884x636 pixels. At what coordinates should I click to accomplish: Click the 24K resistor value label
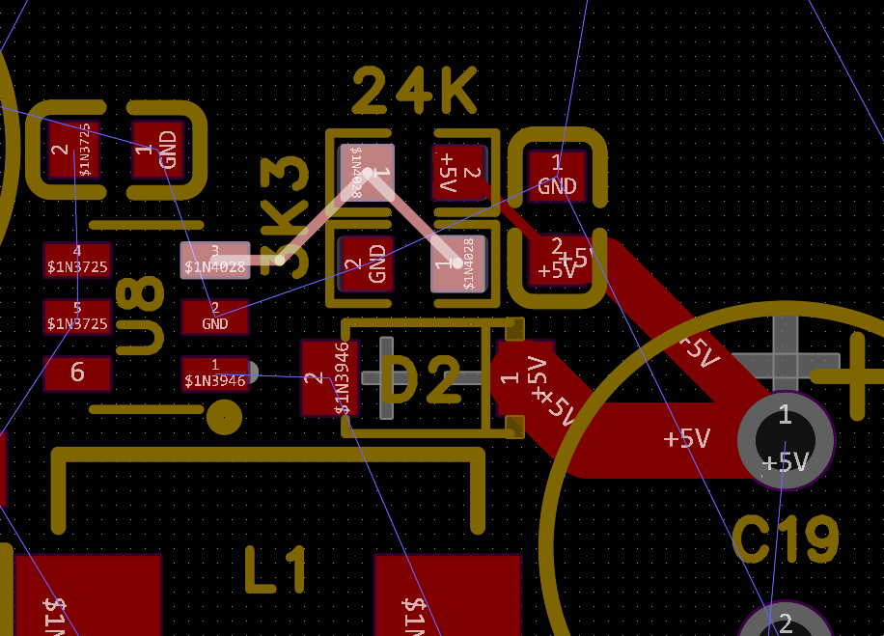tap(415, 94)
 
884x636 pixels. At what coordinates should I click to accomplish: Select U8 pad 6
tap(77, 373)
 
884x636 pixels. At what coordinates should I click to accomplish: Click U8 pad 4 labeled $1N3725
tap(77, 260)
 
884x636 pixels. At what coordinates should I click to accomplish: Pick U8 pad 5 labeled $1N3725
tap(77, 317)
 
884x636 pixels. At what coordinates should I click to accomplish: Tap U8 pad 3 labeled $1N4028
tap(215, 260)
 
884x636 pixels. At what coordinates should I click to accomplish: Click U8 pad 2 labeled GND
tap(215, 317)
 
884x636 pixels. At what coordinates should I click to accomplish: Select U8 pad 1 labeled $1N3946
tap(215, 373)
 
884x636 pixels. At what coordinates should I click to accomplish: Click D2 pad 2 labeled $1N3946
tap(329, 377)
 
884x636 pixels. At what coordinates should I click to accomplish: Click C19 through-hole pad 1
tap(785, 439)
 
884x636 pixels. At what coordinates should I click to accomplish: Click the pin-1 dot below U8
tap(224, 418)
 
